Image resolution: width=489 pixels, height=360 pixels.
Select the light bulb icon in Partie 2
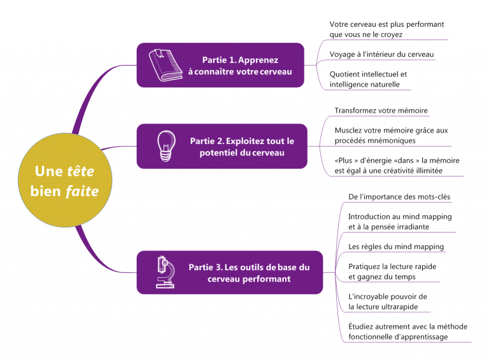pos(166,146)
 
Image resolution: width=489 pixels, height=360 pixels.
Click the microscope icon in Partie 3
pos(165,272)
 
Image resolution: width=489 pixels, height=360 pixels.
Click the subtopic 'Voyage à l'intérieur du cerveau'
pos(381,54)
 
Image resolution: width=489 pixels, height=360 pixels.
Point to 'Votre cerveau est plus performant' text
pos(386,24)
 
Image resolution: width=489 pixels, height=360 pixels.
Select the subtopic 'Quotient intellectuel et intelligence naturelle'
pos(368,79)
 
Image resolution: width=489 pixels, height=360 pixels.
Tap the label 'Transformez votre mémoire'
pos(381,110)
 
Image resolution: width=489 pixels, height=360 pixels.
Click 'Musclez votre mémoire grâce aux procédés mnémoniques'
pos(391,135)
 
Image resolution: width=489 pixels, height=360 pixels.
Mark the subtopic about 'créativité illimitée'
pos(397,166)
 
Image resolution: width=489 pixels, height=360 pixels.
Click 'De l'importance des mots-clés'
pos(399,196)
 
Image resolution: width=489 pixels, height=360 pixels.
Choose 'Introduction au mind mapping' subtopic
pos(399,221)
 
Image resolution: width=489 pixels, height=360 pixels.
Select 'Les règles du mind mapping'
pos(396,247)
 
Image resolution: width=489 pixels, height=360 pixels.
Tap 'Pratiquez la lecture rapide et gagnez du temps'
pos(392,271)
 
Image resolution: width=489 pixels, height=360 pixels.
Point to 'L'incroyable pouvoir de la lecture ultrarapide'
pos(387,301)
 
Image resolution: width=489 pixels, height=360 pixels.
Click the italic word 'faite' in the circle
pos(81,191)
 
